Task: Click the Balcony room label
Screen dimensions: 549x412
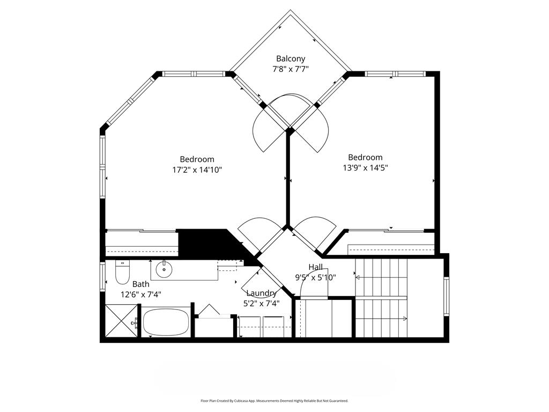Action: [291, 58]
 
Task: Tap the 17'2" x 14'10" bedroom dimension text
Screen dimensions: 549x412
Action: [197, 170]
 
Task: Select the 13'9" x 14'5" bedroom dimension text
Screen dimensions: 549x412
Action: [365, 168]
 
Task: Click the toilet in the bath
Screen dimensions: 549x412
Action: [122, 272]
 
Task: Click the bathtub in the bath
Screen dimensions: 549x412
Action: [166, 322]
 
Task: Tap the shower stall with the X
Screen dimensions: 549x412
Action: [121, 321]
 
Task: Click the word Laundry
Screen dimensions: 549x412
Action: [262, 293]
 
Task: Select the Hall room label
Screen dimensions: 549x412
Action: [315, 267]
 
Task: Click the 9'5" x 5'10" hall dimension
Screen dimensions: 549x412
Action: [315, 278]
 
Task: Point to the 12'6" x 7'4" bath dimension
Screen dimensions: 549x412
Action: [141, 295]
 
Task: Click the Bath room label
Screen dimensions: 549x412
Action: [141, 284]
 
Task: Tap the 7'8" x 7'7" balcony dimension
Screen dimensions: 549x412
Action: [291, 69]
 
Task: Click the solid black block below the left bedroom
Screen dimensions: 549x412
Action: [206, 244]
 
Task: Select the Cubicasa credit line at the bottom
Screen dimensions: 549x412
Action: [274, 401]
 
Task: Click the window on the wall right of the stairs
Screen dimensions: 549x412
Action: [447, 296]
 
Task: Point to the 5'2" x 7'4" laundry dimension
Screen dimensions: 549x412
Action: [262, 304]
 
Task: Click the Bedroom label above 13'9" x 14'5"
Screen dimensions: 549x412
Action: [365, 157]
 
